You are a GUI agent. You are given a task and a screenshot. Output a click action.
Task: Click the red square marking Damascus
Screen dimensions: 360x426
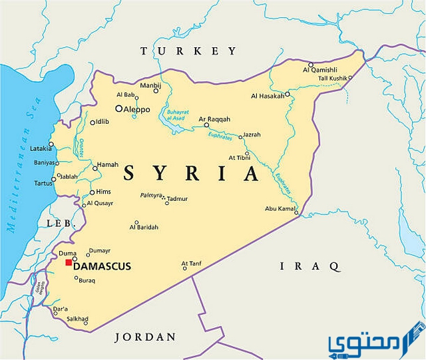pyautogui.click(x=68, y=263)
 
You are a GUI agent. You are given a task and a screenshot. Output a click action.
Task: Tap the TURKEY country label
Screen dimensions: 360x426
pyautogui.click(x=188, y=51)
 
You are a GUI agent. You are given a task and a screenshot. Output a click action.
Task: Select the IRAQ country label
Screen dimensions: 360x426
pyautogui.click(x=310, y=266)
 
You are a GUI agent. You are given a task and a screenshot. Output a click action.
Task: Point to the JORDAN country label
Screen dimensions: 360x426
pyautogui.click(x=146, y=337)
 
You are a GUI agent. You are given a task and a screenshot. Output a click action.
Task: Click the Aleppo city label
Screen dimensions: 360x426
pyautogui.click(x=137, y=108)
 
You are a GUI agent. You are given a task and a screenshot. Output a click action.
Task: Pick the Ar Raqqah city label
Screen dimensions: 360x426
pyautogui.click(x=214, y=118)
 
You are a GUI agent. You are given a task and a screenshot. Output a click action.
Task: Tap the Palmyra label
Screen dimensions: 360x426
pyautogui.click(x=150, y=195)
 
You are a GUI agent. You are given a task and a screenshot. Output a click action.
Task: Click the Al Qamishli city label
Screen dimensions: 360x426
pyautogui.click(x=320, y=69)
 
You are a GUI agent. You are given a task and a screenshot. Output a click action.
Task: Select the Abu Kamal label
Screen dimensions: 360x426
pyautogui.click(x=280, y=208)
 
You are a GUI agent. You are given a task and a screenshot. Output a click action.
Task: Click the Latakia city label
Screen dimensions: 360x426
pyautogui.click(x=41, y=148)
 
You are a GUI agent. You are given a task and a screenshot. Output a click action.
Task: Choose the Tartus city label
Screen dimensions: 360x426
pyautogui.click(x=43, y=182)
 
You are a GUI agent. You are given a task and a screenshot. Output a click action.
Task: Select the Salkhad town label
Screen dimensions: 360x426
pyautogui.click(x=77, y=319)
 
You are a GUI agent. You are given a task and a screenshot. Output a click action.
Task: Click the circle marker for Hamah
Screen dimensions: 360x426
pyautogui.click(x=95, y=168)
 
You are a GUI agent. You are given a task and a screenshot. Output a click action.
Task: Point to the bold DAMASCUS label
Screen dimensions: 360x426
pyautogui.click(x=102, y=266)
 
